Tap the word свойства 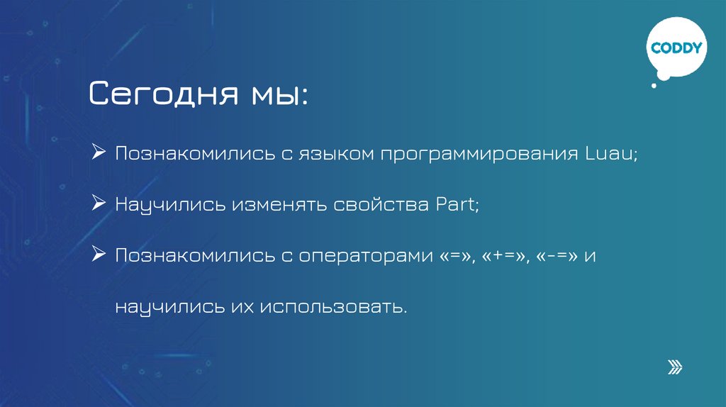(x=380, y=205)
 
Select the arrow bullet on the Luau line (x=99, y=153)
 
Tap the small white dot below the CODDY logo (x=654, y=86)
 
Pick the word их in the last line (x=241, y=308)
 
